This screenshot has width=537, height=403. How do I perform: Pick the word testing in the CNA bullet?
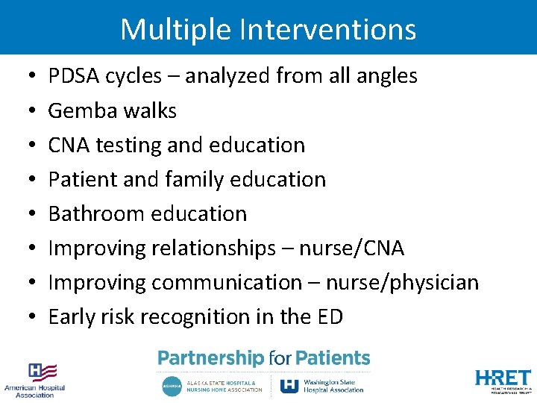[128, 146]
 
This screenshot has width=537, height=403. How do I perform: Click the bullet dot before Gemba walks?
[28, 111]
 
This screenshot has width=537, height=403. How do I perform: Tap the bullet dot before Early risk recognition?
[28, 318]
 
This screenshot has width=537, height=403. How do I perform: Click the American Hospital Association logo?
[35, 379]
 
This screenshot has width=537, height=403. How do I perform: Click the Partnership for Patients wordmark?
[263, 359]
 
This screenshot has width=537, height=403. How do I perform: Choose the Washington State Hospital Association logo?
[321, 385]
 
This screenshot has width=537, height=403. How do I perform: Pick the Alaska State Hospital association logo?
[212, 385]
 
